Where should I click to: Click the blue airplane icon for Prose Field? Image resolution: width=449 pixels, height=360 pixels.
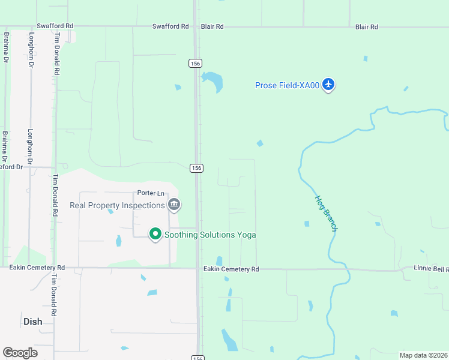pos(328,85)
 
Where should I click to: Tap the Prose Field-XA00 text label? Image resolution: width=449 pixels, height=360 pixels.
pos(288,85)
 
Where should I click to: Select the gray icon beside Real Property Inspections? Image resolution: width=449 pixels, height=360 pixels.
pos(174,205)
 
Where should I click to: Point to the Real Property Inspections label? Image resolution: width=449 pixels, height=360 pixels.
pos(117,205)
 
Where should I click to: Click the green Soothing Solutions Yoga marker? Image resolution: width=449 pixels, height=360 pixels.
pos(155,233)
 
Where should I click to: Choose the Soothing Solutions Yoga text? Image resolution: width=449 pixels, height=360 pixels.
pos(210,235)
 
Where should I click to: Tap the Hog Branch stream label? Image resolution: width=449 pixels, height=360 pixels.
pos(327,213)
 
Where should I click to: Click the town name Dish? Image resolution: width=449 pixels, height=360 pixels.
pos(33,322)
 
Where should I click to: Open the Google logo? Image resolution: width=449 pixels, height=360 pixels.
pos(20,353)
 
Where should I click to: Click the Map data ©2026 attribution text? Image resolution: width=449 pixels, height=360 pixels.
pos(423,355)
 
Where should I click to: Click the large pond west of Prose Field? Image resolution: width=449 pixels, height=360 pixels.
pos(212,82)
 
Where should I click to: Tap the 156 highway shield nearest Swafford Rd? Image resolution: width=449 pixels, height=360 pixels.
pos(195,63)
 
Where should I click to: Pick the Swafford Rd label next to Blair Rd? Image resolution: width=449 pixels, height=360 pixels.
pos(170,26)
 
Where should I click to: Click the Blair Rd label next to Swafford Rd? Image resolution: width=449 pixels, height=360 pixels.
pos(212,26)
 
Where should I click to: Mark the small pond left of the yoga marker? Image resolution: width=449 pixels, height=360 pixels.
pos(118,241)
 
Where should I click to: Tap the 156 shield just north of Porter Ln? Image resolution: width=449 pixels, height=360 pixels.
pos(196,168)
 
